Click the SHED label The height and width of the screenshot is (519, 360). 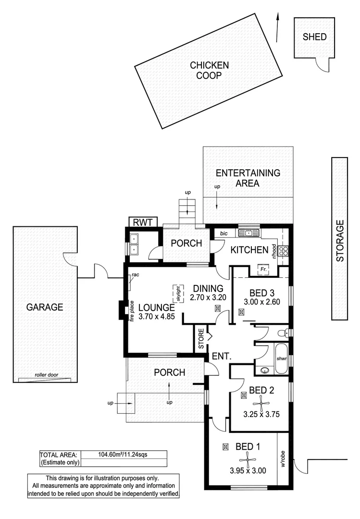click(x=314, y=37)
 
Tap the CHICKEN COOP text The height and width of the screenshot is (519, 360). click(x=209, y=70)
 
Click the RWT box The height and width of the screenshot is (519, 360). click(x=143, y=222)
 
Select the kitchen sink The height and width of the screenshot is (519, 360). click(x=248, y=234)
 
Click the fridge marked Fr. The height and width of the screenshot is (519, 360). click(x=263, y=270)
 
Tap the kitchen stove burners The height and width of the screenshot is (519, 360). click(x=284, y=250)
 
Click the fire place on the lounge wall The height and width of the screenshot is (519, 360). click(x=122, y=310)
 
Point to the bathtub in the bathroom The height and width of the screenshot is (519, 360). click(x=281, y=358)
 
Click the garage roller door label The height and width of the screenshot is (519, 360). click(x=44, y=376)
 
